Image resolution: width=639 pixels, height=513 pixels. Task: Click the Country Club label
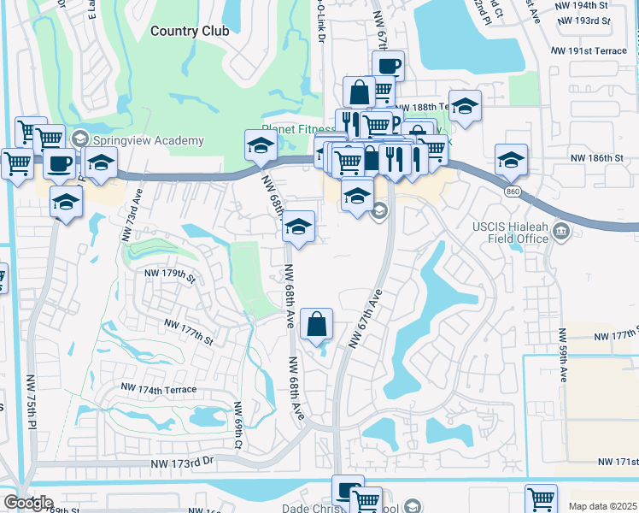[x=190, y=31]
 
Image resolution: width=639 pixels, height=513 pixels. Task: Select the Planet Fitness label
[x=300, y=129]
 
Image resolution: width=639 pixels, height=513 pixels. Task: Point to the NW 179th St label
[x=170, y=274]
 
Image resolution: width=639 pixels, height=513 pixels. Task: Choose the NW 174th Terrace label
[x=158, y=389]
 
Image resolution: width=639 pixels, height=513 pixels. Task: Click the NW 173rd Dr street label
[x=182, y=463]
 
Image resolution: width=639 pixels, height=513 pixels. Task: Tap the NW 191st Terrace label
[x=590, y=51]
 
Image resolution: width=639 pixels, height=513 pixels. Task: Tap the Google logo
[x=27, y=503]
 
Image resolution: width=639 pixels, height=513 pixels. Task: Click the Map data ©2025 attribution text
[x=602, y=506]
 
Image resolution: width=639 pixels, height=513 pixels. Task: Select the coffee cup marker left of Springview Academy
[x=59, y=163]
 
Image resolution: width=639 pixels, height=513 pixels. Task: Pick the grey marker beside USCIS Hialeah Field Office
[x=561, y=230]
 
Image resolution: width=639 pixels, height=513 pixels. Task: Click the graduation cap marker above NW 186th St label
[x=511, y=159]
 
